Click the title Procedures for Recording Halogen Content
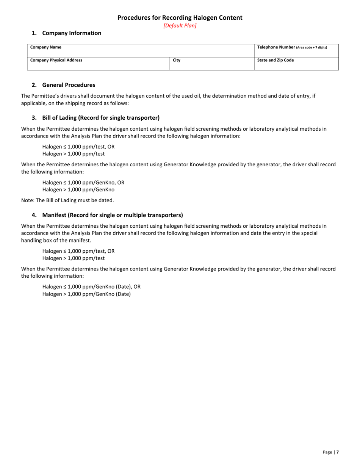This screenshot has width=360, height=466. pyautogui.click(x=180, y=17)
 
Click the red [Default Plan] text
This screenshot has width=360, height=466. pyautogui.click(x=180, y=26)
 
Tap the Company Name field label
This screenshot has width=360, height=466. pyautogui.click(x=46, y=47)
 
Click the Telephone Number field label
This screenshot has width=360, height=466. pyautogui.click(x=276, y=47)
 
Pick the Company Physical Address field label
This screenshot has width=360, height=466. pyautogui.click(x=56, y=60)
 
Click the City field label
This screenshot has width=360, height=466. pyautogui.click(x=177, y=60)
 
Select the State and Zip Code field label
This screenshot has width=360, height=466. pyautogui.click(x=275, y=60)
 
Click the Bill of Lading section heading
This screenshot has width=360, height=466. pyautogui.click(x=101, y=117)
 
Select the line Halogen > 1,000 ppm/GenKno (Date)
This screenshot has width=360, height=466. pyautogui.click(x=86, y=294)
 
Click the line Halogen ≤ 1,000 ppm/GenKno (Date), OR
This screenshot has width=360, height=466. pyautogui.click(x=91, y=286)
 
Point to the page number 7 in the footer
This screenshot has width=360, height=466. pyautogui.click(x=337, y=452)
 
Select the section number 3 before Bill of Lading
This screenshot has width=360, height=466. pyautogui.click(x=34, y=117)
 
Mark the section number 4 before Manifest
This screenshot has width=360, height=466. pyautogui.click(x=34, y=215)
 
